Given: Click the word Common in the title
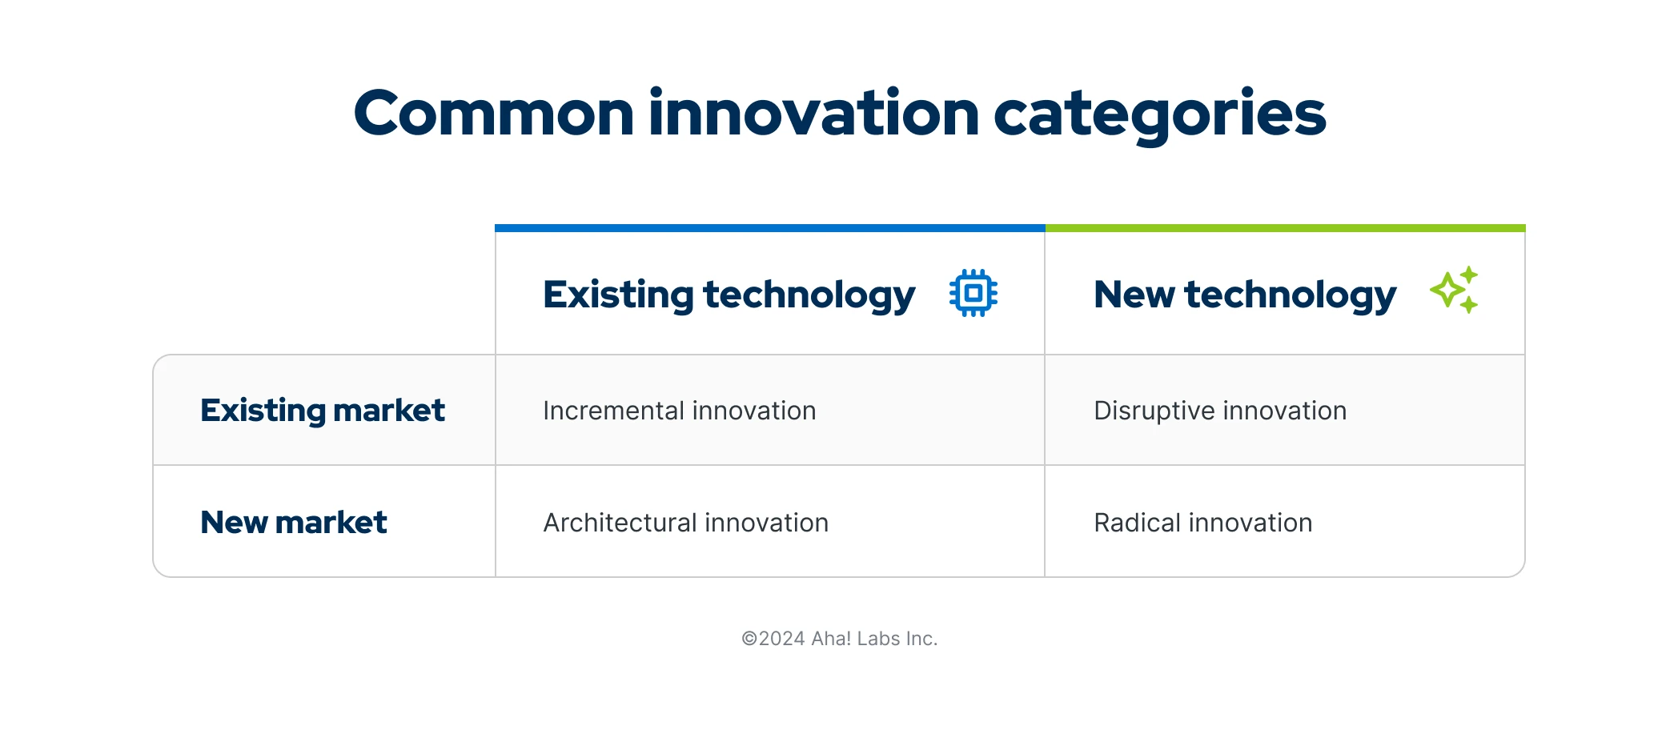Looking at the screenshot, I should point(494,114).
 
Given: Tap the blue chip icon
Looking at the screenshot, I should point(973,293).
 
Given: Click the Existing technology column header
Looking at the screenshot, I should point(729,295).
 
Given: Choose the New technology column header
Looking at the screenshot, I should point(1244,295).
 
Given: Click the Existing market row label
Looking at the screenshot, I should point(322,411).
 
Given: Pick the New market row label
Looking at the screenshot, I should point(293,523).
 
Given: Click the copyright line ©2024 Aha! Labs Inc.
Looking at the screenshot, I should point(839,639).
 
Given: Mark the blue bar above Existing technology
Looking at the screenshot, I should point(769,228).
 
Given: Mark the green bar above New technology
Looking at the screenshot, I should point(1285,228).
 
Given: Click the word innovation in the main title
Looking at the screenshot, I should point(813,114).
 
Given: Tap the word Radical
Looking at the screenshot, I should point(1137,523).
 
